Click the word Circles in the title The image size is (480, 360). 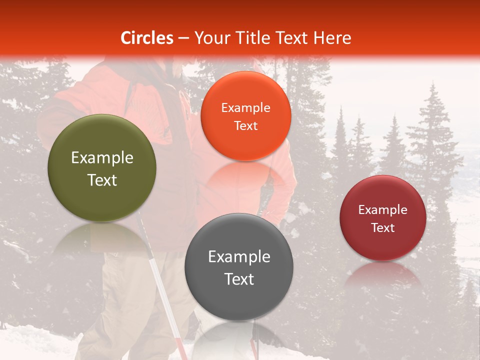[x=147, y=38]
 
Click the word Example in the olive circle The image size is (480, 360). [x=102, y=158]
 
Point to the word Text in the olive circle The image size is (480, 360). [x=102, y=180]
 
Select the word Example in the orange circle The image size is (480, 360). [x=245, y=108]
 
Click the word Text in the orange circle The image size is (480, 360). [x=245, y=126]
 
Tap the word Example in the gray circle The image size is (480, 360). [x=239, y=257]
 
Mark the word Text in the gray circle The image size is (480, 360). [x=239, y=279]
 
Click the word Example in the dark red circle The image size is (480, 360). [x=383, y=210]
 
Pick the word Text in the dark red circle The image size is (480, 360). [x=383, y=228]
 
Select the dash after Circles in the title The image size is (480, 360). [x=183, y=38]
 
